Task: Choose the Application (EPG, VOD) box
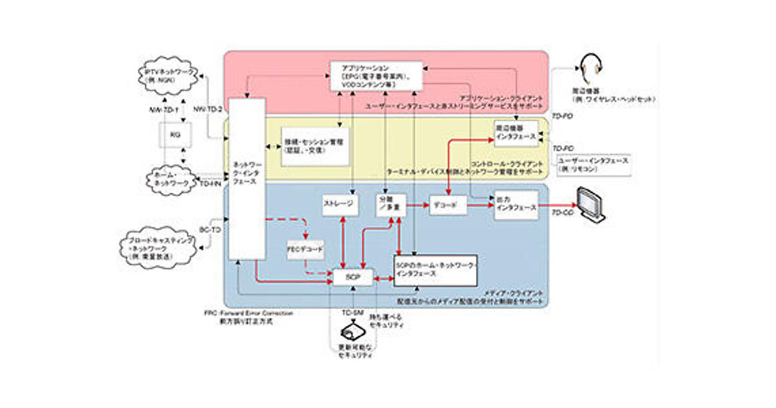[x=376, y=76]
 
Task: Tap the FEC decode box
[x=305, y=249]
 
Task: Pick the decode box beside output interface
[x=447, y=205]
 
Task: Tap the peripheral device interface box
[x=516, y=133]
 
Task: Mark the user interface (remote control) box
[x=594, y=164]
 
